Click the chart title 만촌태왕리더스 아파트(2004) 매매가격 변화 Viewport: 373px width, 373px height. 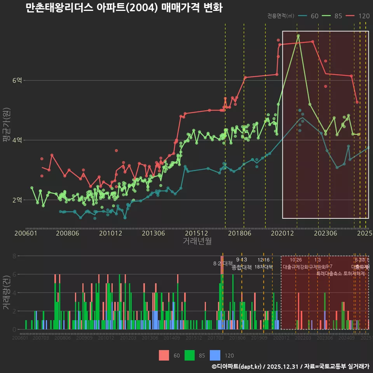pyautogui.click(x=124, y=8)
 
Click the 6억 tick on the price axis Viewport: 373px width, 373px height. pyautogui.click(x=17, y=80)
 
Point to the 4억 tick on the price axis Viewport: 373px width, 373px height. pyautogui.click(x=17, y=140)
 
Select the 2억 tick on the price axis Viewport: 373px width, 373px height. pyautogui.click(x=17, y=200)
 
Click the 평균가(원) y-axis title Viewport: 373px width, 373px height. pyautogui.click(x=6, y=127)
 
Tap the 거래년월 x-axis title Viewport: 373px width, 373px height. pyautogui.click(x=197, y=241)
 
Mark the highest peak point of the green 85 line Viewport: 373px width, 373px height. pyautogui.click(x=298, y=36)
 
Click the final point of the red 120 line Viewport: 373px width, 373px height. pyautogui.click(x=357, y=102)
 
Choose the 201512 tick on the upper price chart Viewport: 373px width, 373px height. pyautogui.click(x=196, y=234)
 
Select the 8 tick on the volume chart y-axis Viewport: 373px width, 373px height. pyautogui.click(x=14, y=256)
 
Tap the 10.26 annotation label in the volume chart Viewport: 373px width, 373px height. pyautogui.click(x=296, y=260)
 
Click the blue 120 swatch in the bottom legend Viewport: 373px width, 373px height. pyautogui.click(x=215, y=355)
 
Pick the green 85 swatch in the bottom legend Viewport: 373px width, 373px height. pyautogui.click(x=189, y=355)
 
